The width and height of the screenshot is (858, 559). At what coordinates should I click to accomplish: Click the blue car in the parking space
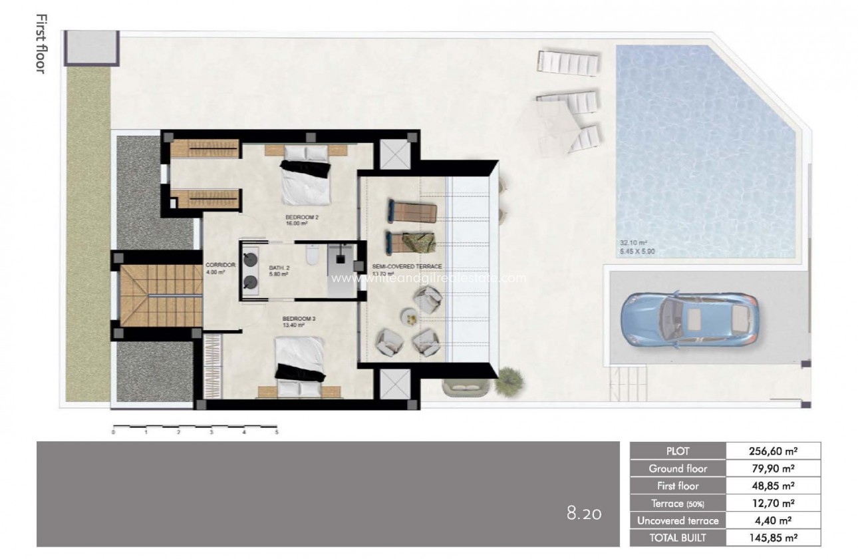click(x=688, y=320)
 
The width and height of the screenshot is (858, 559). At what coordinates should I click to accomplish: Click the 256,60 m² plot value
click(x=773, y=451)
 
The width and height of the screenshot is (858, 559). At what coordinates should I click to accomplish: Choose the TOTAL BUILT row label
click(x=678, y=538)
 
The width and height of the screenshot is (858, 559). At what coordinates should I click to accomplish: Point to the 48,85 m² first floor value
click(x=773, y=486)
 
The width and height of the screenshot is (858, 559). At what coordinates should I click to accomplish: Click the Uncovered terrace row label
click(x=678, y=520)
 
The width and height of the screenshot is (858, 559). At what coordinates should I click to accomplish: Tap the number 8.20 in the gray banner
click(x=584, y=513)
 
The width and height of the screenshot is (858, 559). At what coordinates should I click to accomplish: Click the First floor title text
click(x=39, y=44)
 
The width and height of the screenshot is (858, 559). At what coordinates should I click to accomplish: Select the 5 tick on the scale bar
click(x=276, y=432)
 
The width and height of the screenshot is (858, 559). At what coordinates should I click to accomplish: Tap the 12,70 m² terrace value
click(x=773, y=503)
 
